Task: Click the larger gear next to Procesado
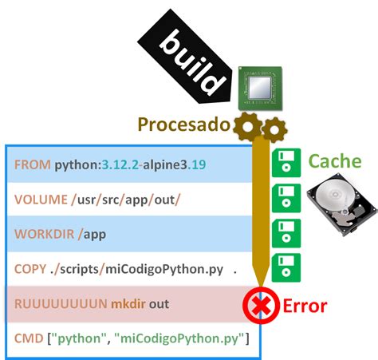click(x=248, y=125)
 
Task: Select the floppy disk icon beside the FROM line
click(x=285, y=163)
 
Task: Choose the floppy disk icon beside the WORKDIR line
click(x=285, y=232)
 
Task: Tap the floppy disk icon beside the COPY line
click(x=285, y=267)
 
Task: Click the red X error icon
click(x=257, y=305)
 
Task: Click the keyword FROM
click(x=33, y=165)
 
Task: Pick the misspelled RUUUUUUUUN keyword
click(x=60, y=304)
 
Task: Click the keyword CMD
click(x=30, y=339)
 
